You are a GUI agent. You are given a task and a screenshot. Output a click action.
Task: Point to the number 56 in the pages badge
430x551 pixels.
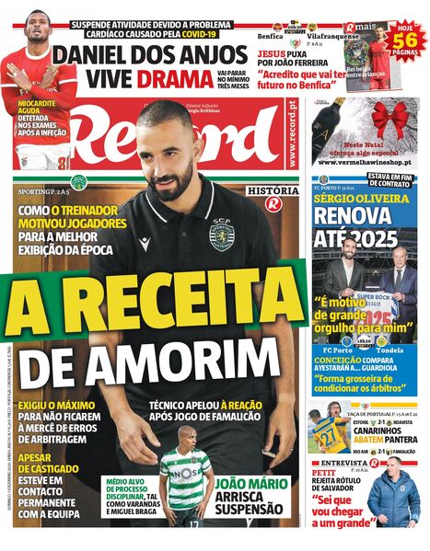point(411,40)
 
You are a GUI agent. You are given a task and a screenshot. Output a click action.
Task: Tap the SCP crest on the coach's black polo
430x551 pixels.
point(221,235)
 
